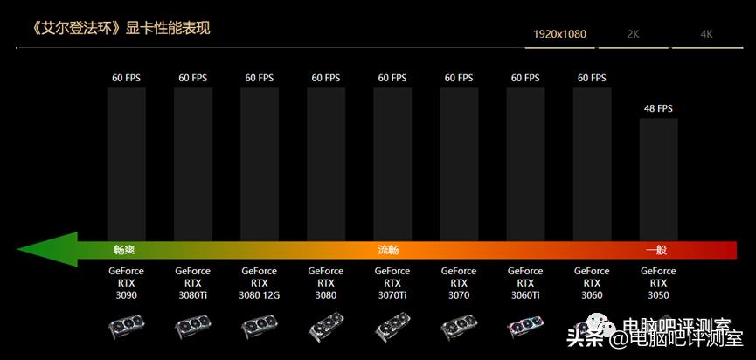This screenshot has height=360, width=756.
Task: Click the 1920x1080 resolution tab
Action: pyautogui.click(x=561, y=35)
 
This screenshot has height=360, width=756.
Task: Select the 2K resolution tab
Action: pyautogui.click(x=634, y=35)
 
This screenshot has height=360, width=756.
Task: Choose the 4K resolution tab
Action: pyautogui.click(x=706, y=35)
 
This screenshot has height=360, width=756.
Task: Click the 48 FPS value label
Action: pyautogui.click(x=658, y=108)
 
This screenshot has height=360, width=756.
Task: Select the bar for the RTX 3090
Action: pyautogui.click(x=127, y=162)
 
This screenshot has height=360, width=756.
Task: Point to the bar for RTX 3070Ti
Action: pyautogui.click(x=392, y=162)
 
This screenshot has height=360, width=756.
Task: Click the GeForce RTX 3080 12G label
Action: pyautogui.click(x=260, y=283)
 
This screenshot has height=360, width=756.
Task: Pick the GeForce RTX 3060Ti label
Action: pyautogui.click(x=525, y=283)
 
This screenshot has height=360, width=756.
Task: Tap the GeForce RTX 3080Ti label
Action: pyautogui.click(x=193, y=283)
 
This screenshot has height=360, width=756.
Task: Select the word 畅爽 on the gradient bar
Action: pyautogui.click(x=125, y=250)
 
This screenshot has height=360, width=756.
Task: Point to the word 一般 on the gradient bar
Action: pyautogui.click(x=656, y=250)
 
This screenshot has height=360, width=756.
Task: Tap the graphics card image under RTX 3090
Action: pyautogui.click(x=127, y=328)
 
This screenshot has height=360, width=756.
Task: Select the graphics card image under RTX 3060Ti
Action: pyautogui.click(x=525, y=328)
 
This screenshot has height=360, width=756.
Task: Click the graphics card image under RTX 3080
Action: pyautogui.click(x=326, y=328)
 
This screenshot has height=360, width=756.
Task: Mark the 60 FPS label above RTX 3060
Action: pyautogui.click(x=592, y=78)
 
